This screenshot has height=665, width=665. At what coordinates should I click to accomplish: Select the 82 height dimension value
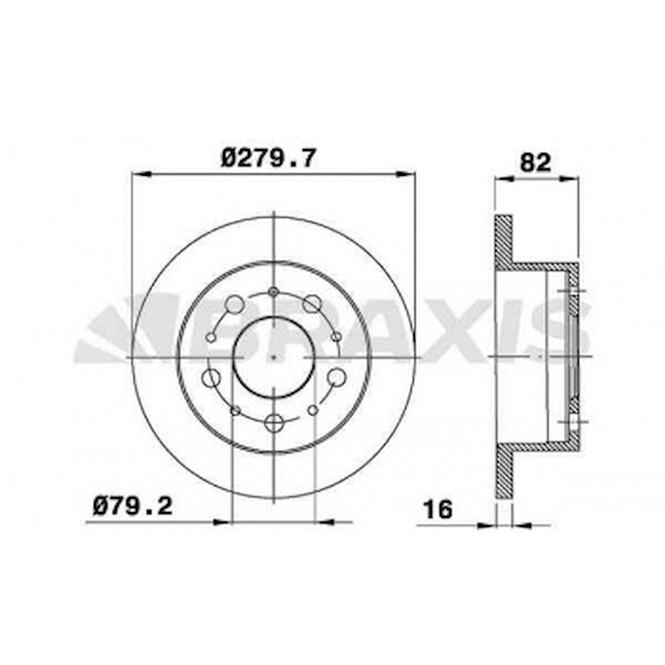[x=535, y=163]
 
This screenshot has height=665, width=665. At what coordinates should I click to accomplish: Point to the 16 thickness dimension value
[x=438, y=509]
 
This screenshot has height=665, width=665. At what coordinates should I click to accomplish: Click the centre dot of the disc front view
[x=273, y=357]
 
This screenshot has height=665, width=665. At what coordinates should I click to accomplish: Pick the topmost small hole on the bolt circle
[x=273, y=291]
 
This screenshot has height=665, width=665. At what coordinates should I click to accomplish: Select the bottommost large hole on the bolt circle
[x=273, y=423]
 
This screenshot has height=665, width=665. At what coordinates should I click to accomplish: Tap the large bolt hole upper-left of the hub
[x=233, y=305]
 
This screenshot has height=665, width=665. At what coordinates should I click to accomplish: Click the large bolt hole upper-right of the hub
[x=311, y=305]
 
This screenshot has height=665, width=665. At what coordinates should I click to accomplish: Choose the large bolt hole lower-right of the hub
[x=336, y=376]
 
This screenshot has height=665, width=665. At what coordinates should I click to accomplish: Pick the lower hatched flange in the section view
[x=503, y=473]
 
